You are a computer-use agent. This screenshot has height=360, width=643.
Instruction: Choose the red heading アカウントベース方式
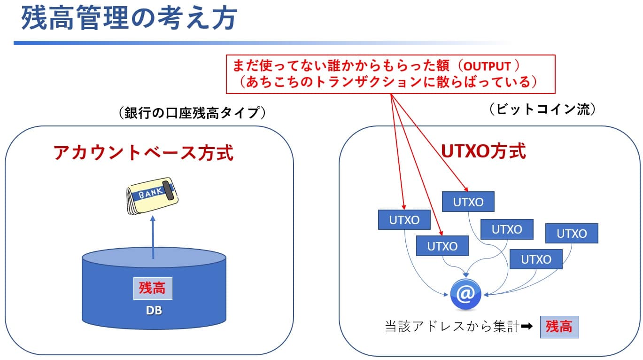(x=143, y=153)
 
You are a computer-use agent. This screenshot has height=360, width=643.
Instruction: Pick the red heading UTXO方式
(x=483, y=151)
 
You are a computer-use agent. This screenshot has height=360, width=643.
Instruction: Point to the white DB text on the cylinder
(x=153, y=311)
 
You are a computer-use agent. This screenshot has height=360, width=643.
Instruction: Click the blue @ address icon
(x=465, y=295)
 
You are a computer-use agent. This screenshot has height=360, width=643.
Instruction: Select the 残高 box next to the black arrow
(x=559, y=327)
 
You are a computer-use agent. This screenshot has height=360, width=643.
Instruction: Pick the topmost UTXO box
(x=468, y=202)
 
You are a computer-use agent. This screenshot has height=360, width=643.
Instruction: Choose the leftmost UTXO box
(x=404, y=219)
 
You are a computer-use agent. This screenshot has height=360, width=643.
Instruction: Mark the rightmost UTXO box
(x=572, y=233)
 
